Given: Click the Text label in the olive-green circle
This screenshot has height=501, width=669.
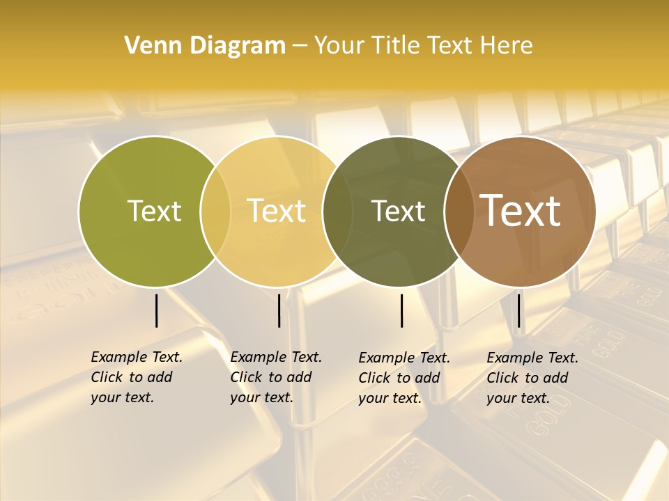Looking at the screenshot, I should tap(154, 211).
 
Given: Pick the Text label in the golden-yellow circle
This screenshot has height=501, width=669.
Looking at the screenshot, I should tap(277, 211).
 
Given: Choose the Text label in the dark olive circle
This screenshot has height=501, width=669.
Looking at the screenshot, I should tap(399, 211).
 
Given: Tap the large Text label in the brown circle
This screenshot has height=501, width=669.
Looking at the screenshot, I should tap(521, 211).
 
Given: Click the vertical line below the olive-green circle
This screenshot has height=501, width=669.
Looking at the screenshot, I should tap(157, 310).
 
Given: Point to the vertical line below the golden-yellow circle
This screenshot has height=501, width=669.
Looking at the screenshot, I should tap(279, 310).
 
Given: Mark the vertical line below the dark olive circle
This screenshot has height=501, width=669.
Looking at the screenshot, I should tap(402, 310).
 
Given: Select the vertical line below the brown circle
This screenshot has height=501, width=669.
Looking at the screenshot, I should tap(519, 310).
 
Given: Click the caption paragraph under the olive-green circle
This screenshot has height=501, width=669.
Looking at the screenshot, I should tap(137, 377).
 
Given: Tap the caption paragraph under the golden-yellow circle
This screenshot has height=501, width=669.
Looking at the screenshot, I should tap(276, 377).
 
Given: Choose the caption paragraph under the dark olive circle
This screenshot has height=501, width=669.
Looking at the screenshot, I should tap(404, 378).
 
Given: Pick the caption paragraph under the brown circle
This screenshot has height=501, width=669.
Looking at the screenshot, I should tap(532, 378).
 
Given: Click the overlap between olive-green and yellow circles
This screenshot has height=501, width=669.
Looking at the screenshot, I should tap(215, 211).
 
